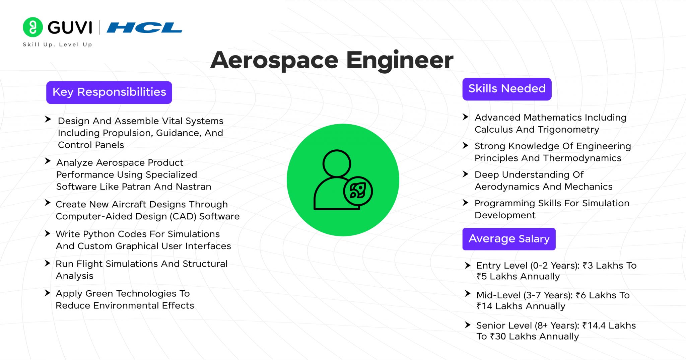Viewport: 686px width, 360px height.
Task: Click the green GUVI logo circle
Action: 33,27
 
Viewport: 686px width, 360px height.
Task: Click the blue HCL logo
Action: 144,27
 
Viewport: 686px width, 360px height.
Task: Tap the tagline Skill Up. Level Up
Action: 57,45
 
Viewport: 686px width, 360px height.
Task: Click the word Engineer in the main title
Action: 399,60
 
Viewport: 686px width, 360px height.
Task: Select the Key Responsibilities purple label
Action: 109,92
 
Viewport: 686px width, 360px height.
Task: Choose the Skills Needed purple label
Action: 507,89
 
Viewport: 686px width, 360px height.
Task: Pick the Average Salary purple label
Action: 509,239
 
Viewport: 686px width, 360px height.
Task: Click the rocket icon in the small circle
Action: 358,191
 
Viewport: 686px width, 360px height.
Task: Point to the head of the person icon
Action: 337,163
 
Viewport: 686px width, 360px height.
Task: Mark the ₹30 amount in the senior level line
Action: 498,336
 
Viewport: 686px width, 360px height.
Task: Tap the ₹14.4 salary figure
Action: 594,326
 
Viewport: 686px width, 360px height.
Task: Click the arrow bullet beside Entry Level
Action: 468,266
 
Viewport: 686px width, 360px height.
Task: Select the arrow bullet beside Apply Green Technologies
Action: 48,293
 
